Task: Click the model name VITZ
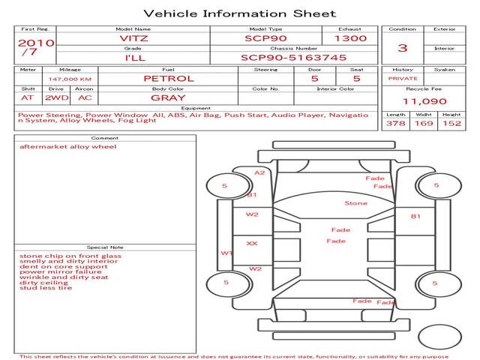[x=133, y=38]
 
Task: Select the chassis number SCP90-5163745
[x=293, y=58]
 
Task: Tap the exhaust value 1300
[x=350, y=38]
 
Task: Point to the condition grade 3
[x=403, y=48]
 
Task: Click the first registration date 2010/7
[x=36, y=47]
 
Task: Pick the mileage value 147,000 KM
[x=70, y=79]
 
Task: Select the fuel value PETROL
[x=169, y=79]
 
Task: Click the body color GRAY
[x=168, y=98]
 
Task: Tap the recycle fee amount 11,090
[x=424, y=101]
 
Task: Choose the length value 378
[x=395, y=123]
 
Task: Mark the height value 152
[x=451, y=123]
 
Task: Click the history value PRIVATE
[x=403, y=79]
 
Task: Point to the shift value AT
[x=27, y=98]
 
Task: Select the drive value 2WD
[x=57, y=98]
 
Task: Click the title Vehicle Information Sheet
[x=240, y=13]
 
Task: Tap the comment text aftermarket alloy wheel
[x=68, y=147]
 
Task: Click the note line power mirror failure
[x=61, y=271]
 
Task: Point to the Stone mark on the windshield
[x=355, y=203]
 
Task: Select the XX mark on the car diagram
[x=252, y=243]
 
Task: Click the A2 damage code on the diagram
[x=259, y=172]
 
